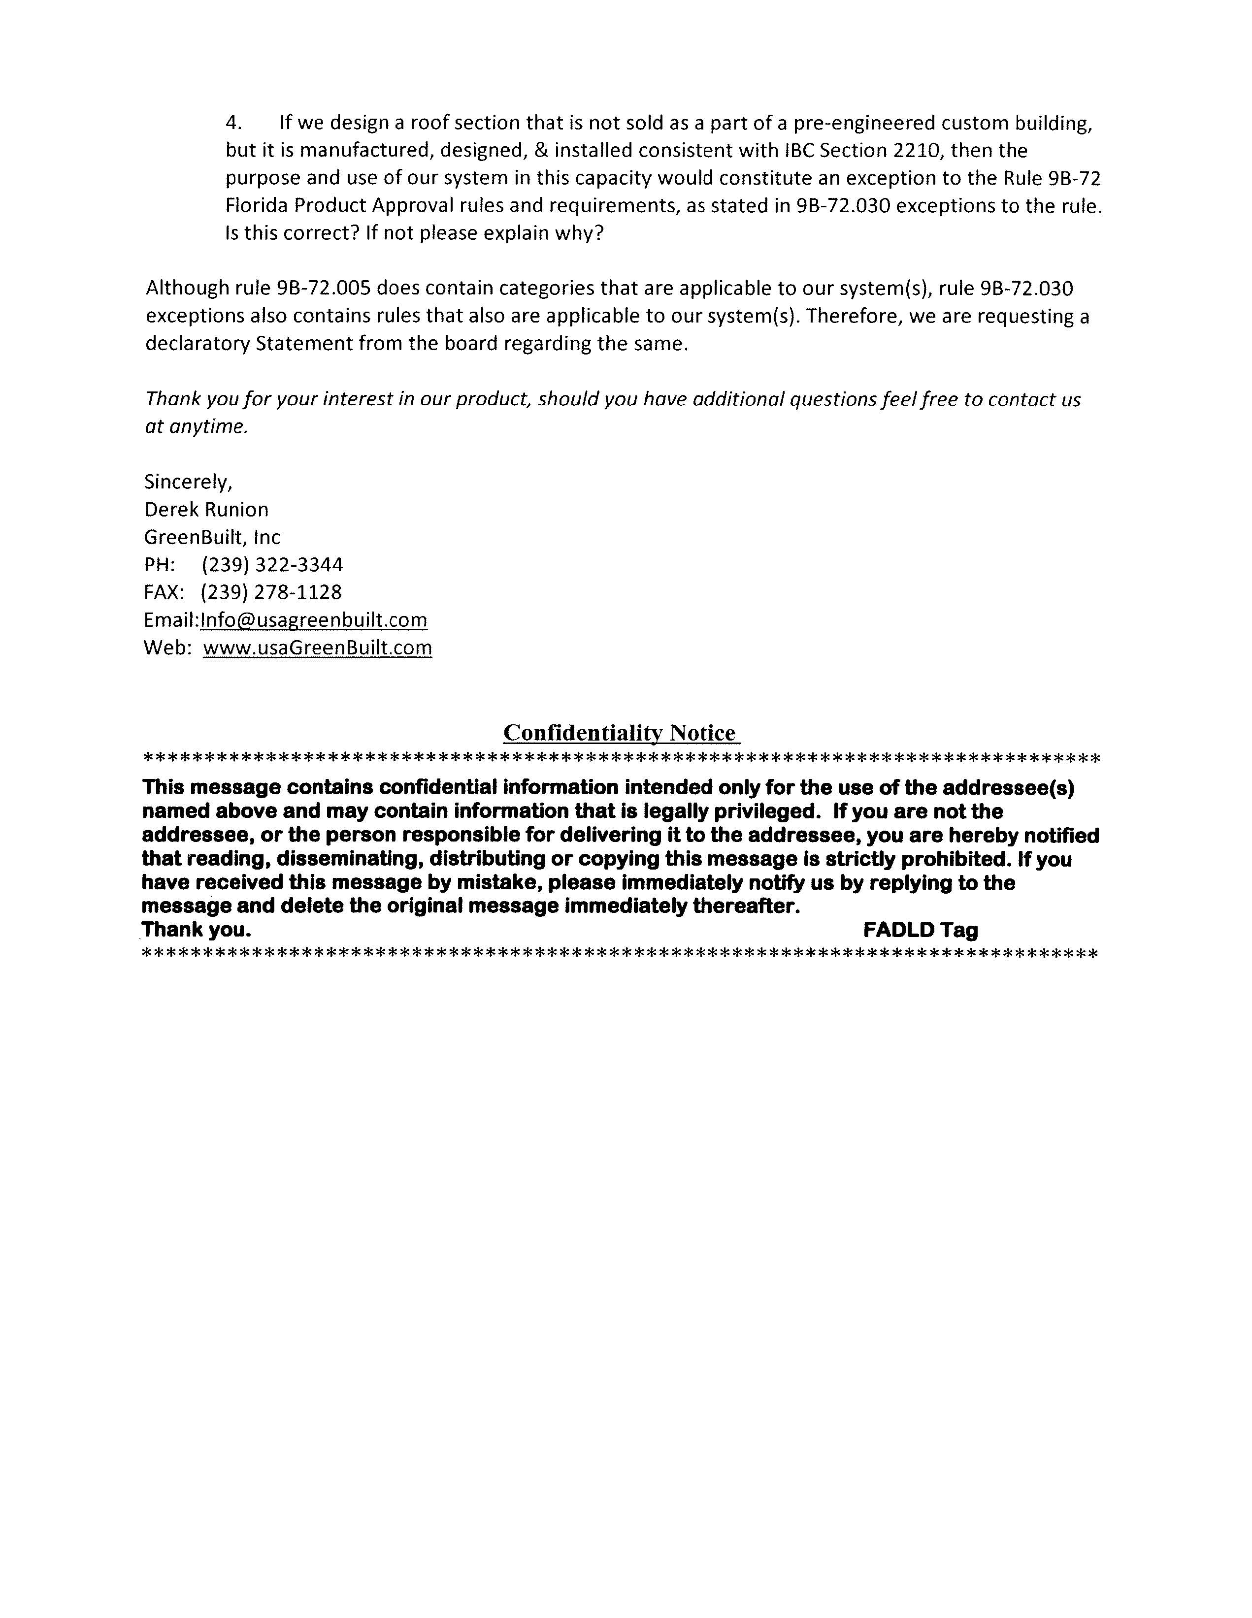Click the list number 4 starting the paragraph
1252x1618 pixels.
tap(233, 123)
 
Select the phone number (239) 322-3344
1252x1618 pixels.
tap(272, 565)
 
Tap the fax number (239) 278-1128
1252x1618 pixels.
tap(271, 593)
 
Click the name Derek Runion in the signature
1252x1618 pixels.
tap(206, 510)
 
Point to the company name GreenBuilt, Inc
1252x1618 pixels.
tap(212, 538)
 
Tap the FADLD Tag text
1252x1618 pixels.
tap(920, 930)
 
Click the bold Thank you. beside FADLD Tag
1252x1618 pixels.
tap(197, 930)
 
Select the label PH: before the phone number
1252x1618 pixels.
tap(159, 565)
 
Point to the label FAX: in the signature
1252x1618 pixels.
tap(164, 593)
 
